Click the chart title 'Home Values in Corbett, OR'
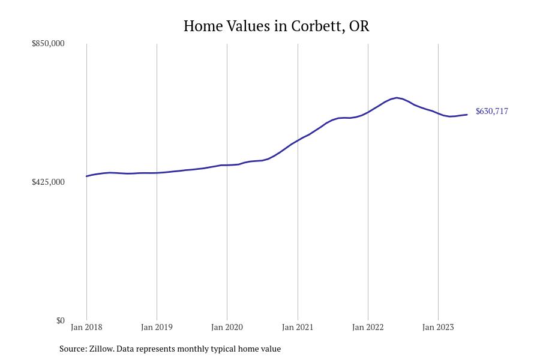click(x=276, y=26)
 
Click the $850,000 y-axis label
click(x=48, y=44)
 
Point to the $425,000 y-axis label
click(x=48, y=182)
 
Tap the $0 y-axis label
click(x=60, y=320)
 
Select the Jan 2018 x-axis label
click(x=86, y=328)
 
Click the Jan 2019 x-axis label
click(x=157, y=328)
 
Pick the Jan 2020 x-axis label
click(x=227, y=328)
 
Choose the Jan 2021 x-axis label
click(x=298, y=328)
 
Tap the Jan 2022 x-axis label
click(x=368, y=328)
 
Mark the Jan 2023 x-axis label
click(x=438, y=328)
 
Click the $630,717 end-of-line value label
click(x=492, y=112)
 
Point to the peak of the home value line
click(x=397, y=98)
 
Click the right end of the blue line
click(x=467, y=115)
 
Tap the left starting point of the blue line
click(x=86, y=176)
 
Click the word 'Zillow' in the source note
click(x=101, y=349)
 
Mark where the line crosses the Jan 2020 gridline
click(x=227, y=165)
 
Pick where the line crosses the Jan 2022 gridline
click(x=368, y=112)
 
